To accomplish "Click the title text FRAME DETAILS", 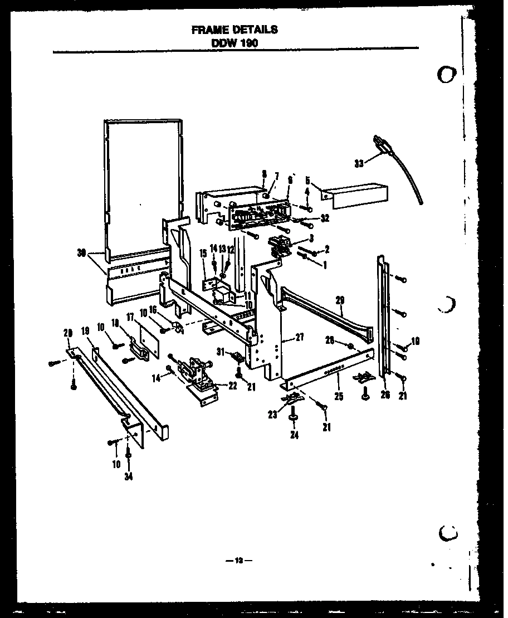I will [x=234, y=30].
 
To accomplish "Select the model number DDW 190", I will [x=235, y=42].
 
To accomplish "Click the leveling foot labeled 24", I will [x=293, y=415].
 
